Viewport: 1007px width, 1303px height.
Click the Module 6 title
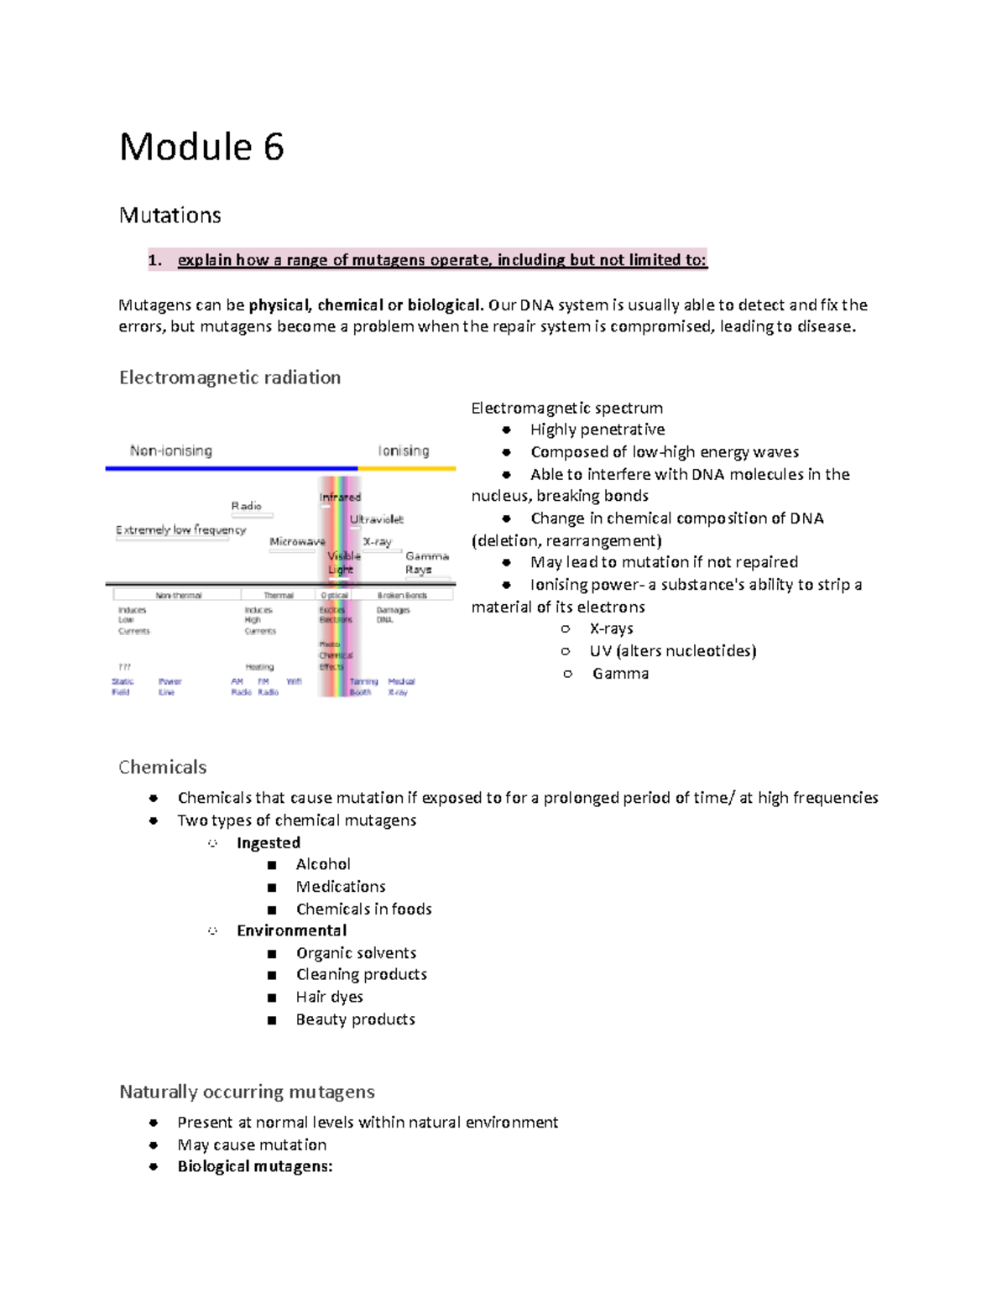[201, 148]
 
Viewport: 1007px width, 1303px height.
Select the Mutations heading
[170, 216]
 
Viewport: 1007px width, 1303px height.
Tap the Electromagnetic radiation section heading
[229, 378]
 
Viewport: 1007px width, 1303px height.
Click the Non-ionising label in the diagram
[171, 451]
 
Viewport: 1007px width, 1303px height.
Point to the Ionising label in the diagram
[404, 451]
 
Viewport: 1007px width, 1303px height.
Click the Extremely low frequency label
[180, 530]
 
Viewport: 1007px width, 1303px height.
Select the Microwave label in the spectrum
[297, 542]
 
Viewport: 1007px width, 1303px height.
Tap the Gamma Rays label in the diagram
[426, 563]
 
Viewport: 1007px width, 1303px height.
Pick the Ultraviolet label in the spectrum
[377, 519]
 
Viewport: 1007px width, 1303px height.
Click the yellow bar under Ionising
[407, 468]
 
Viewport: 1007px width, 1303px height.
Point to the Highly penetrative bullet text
[597, 430]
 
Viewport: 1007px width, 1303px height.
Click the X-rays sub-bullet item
[611, 628]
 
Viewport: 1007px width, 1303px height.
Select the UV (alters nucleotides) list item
[672, 651]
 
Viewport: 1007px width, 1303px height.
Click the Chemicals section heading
[162, 767]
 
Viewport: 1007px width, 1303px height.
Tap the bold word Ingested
[268, 842]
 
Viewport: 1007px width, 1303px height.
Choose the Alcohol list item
[323, 864]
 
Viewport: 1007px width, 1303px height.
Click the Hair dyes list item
[329, 997]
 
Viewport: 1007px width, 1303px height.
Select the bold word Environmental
[291, 930]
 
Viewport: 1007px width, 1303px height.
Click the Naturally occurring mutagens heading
[247, 1092]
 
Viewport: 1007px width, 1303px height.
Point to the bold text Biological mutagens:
[254, 1166]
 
